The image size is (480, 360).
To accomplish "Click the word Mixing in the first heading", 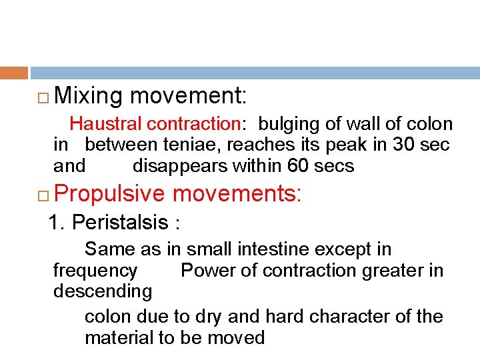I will click(x=89, y=97).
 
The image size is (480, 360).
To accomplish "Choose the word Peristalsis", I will click(x=119, y=221).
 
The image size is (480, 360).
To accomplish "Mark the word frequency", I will click(x=95, y=270).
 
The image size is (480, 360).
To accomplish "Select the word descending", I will click(x=102, y=291).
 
